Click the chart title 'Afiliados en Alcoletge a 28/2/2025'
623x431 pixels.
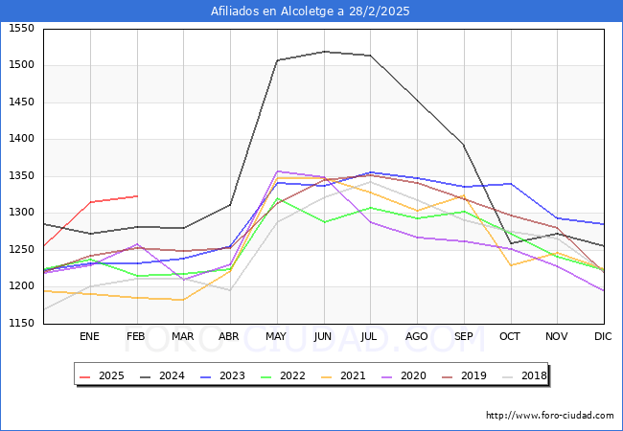311,11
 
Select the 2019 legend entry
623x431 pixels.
465,375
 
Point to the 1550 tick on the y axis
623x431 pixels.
21,29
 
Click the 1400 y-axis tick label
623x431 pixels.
21,139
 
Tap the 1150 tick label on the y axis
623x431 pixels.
21,324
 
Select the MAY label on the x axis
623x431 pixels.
276,336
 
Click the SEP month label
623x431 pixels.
463,336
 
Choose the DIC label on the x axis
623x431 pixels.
603,336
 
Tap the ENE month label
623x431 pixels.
89,336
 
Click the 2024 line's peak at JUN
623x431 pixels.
324,52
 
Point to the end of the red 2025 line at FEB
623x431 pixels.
136,195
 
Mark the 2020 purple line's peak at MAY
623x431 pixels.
277,171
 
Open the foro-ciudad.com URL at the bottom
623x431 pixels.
549,416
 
